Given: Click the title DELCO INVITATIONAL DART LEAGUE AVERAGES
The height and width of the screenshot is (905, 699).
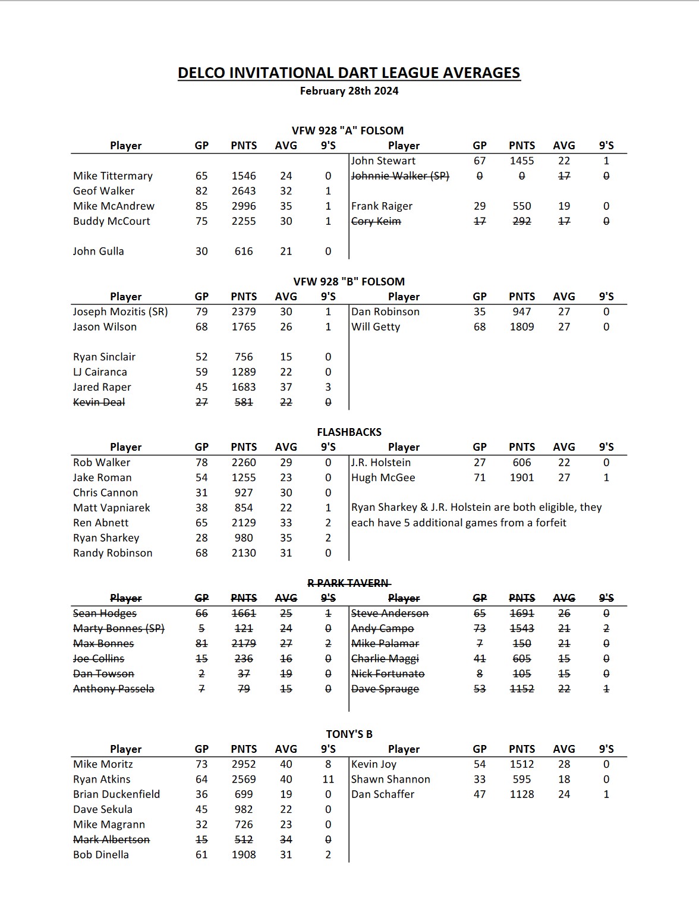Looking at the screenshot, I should pos(349,73).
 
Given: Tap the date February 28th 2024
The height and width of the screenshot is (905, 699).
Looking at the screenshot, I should pos(349,91).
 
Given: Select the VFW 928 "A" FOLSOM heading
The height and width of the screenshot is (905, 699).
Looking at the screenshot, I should pos(348,131).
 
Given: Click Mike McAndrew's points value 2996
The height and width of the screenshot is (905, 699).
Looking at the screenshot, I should pos(244,206).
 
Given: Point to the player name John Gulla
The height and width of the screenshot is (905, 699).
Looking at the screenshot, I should pos(99,252).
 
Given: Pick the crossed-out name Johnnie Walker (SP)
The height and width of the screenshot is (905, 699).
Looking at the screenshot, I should pos(400,176).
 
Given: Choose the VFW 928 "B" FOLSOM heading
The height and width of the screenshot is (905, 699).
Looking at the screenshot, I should pos(349,282).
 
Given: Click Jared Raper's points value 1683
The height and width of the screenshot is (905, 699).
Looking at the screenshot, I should pos(244,387).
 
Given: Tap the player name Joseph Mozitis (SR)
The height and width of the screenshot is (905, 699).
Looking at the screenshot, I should pos(120,312).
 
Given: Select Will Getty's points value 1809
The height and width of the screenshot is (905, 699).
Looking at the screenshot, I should pos(522,327).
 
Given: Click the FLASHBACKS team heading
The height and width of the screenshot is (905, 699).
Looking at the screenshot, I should pos(349,432).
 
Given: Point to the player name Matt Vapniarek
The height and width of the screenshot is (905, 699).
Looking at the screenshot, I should pos(112,508).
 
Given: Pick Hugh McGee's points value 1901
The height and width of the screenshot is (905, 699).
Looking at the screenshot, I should pos(522,477).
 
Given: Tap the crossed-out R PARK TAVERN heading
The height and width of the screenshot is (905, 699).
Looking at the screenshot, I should pos(349,583).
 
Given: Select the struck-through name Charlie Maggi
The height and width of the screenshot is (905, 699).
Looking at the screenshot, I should pos(385,659).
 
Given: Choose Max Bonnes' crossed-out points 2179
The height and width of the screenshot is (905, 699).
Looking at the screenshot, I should pos(244,643).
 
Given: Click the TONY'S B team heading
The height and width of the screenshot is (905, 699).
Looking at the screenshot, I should pos(349,734).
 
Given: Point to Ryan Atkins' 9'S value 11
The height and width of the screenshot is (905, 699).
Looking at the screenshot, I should pos(328,780).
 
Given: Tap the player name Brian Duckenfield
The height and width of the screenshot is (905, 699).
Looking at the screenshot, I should pos(116,794).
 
